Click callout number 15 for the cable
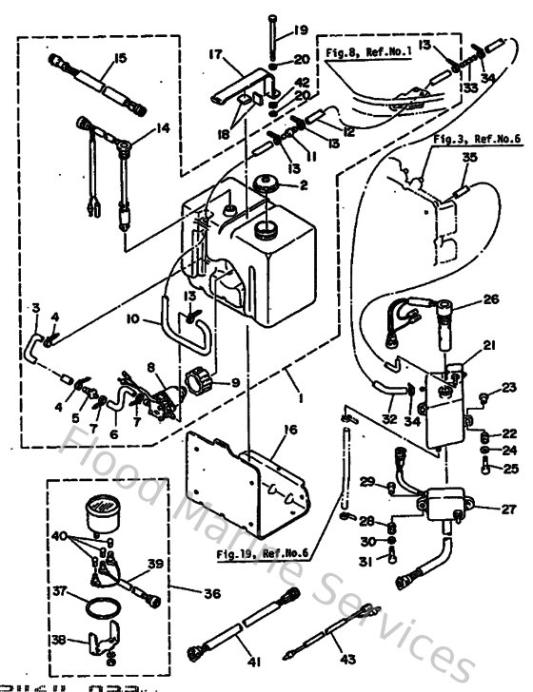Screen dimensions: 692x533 tap(119, 58)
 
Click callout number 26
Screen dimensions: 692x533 tap(490, 298)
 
